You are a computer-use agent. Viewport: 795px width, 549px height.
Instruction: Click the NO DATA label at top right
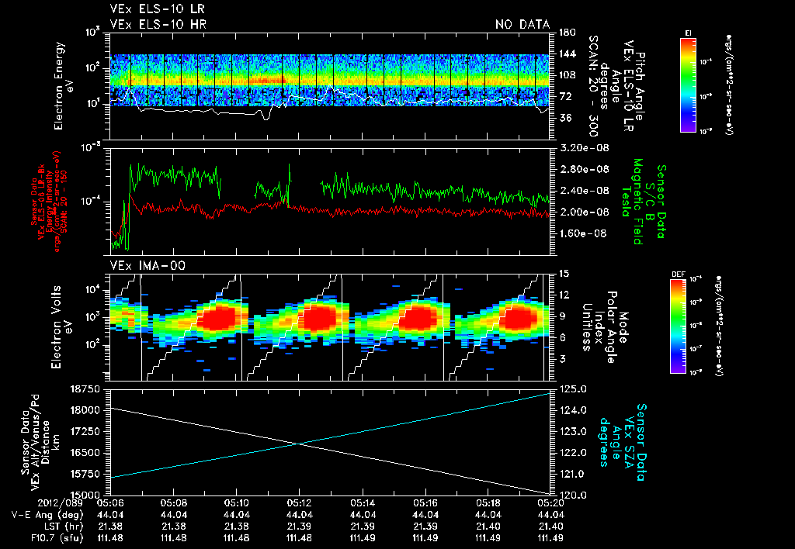click(x=522, y=24)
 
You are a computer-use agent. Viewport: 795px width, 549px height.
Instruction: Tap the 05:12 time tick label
click(x=299, y=502)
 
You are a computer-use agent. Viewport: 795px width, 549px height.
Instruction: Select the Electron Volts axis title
click(x=61, y=325)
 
